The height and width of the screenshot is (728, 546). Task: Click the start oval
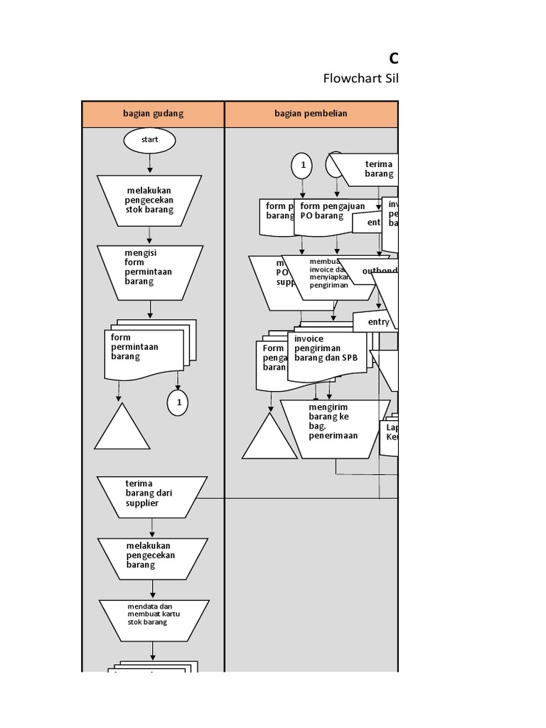(149, 140)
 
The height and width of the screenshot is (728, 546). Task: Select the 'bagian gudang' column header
(154, 114)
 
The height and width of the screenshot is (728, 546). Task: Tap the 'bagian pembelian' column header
(311, 114)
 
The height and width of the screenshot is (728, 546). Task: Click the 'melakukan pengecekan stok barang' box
(150, 200)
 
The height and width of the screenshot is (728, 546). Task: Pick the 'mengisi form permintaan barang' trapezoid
(150, 272)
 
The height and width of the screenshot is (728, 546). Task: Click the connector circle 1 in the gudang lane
(178, 403)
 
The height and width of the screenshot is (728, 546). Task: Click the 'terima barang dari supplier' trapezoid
(152, 494)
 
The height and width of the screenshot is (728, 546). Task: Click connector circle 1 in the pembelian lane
(302, 166)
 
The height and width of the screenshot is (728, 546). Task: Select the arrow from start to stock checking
(150, 164)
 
